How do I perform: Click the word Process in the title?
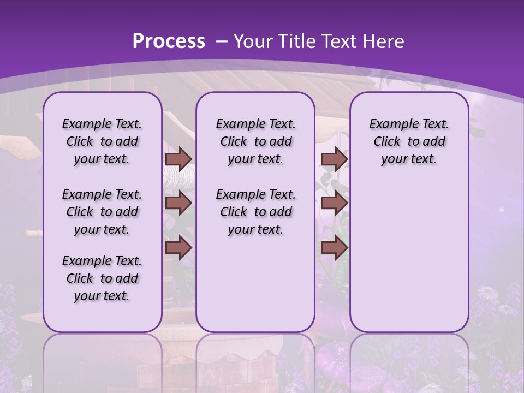pos(169,41)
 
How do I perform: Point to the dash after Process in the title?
pos(221,42)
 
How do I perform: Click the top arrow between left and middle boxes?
pos(178,159)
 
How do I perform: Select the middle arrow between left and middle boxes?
pos(178,203)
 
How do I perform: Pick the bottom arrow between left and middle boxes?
pos(178,248)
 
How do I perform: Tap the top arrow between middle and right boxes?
pos(334,159)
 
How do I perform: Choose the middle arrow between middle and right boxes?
pos(334,203)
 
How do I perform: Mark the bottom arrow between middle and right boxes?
pos(334,248)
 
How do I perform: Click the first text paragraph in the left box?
pos(102,141)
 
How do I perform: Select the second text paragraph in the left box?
pos(102,212)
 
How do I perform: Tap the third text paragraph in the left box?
pos(102,278)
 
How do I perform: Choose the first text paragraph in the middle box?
pos(255,141)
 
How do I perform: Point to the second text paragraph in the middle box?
pos(255,212)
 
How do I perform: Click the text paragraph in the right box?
pos(409,141)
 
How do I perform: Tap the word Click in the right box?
pos(387,142)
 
